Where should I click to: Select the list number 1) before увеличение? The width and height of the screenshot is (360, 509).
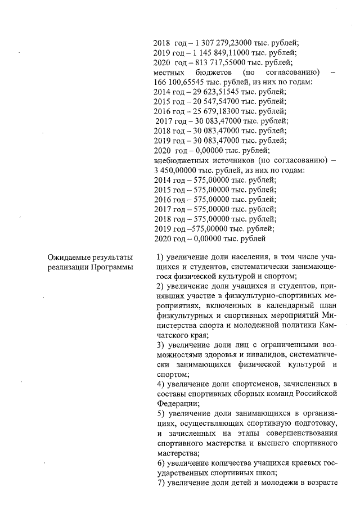point(159,258)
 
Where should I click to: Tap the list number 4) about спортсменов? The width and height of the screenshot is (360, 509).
point(159,384)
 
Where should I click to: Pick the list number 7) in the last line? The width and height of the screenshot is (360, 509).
point(159,483)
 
